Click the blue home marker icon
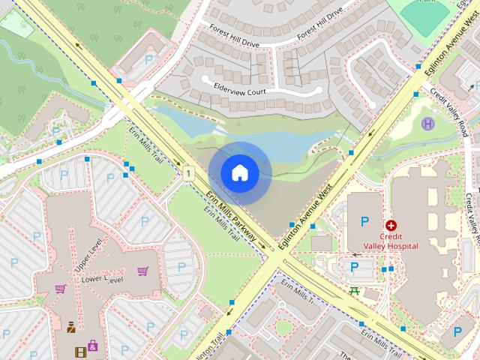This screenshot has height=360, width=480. [240, 172]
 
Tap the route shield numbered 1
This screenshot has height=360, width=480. [189, 174]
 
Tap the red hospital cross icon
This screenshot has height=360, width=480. [391, 225]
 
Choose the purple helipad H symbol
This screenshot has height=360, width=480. [427, 124]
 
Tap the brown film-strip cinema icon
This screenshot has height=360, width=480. [80, 351]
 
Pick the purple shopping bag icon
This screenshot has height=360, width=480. [92, 345]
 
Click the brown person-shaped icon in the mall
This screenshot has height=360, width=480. [70, 326]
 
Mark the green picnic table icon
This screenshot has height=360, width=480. [355, 289]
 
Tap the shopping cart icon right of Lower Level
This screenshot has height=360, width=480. [142, 271]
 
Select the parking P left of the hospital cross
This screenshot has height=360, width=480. [365, 221]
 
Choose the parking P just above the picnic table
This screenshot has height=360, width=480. [355, 266]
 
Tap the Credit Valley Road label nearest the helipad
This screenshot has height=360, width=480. [450, 109]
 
